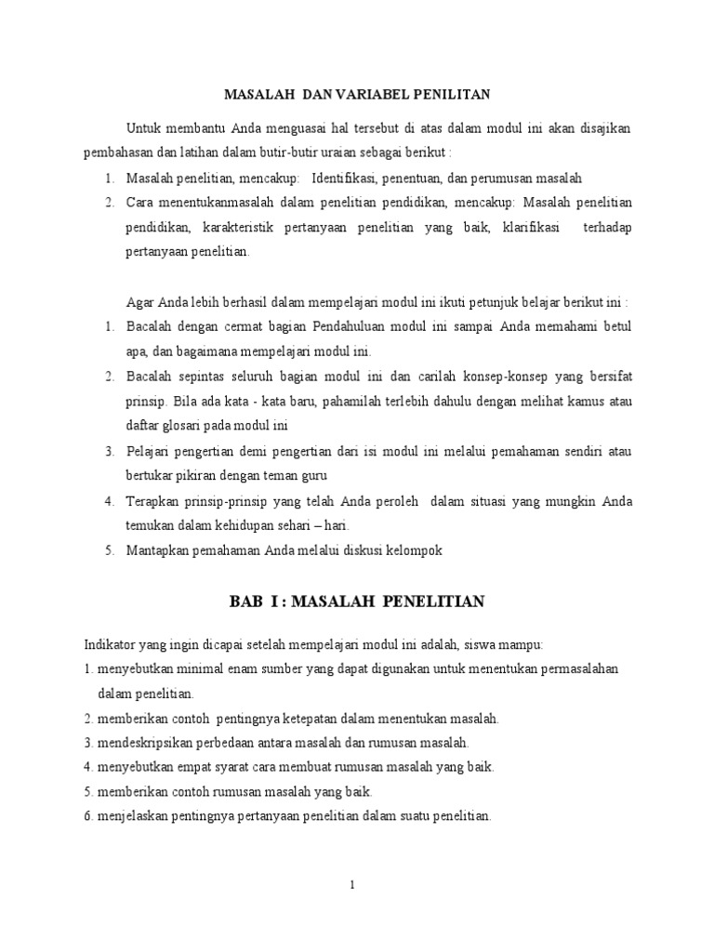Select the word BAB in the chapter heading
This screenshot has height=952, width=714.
[247, 602]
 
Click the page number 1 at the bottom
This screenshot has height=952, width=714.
[352, 885]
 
